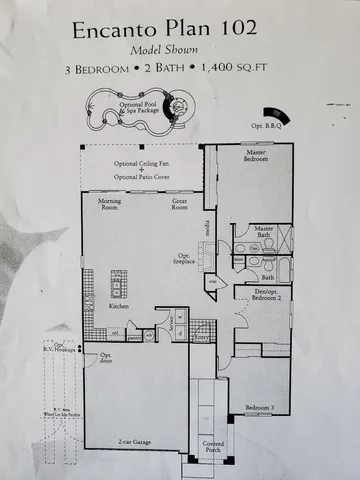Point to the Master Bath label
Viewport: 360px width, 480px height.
click(263, 232)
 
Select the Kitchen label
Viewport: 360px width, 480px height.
click(119, 306)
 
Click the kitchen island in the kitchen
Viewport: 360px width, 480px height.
click(116, 285)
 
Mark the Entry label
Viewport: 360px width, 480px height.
click(200, 339)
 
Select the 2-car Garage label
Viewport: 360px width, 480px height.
click(133, 439)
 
